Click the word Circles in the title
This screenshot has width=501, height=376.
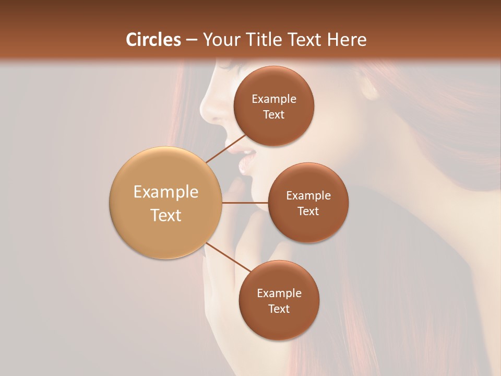click(153, 40)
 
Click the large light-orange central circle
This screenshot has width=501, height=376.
click(165, 203)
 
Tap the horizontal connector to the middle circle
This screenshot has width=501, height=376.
click(245, 203)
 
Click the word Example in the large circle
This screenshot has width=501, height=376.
click(165, 192)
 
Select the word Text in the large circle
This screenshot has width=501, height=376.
click(165, 215)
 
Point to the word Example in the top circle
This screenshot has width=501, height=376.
click(273, 99)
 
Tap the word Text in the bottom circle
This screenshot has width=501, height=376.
click(279, 309)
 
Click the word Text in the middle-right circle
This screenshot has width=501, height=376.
click(308, 211)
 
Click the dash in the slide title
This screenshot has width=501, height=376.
click(192, 40)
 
